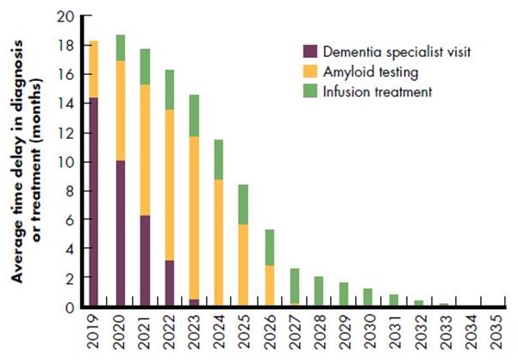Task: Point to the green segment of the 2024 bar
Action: point(219,159)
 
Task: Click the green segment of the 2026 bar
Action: point(269,247)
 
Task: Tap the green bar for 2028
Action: point(319,291)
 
